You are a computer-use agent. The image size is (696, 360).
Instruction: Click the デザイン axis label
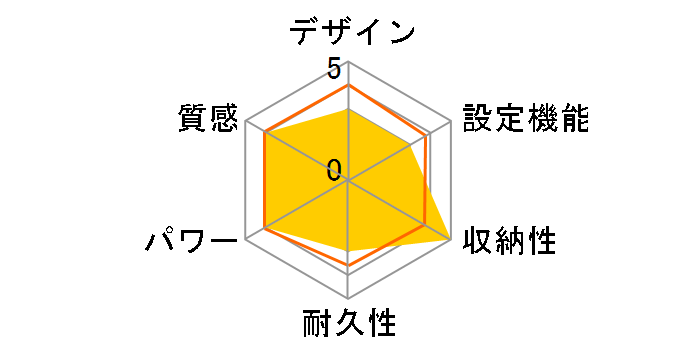tap(351, 30)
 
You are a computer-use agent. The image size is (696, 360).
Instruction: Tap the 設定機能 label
tap(523, 118)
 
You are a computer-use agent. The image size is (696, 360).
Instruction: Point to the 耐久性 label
tap(349, 325)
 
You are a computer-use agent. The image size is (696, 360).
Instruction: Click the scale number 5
tap(333, 69)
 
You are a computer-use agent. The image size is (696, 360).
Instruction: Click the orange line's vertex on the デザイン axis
tap(348, 86)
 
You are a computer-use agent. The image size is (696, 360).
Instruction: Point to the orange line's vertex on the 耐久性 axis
tap(348, 266)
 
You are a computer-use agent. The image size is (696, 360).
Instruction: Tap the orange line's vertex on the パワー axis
tap(265, 229)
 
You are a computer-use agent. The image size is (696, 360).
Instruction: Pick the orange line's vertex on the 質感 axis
tap(265, 133)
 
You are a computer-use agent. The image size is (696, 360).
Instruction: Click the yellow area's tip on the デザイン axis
tap(348, 110)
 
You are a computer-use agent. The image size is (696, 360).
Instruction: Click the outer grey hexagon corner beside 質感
tap(246, 122)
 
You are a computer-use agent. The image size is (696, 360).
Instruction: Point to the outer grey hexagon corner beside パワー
tap(246, 240)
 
